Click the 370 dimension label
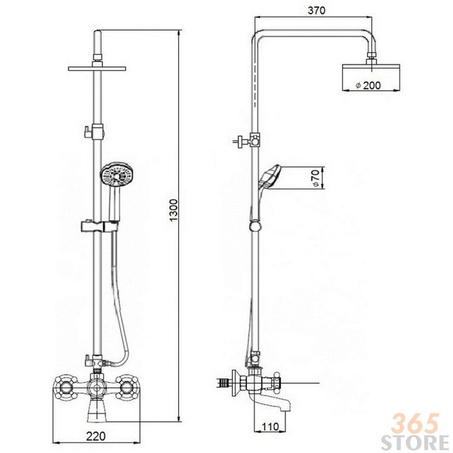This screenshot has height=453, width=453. pyautogui.click(x=317, y=10)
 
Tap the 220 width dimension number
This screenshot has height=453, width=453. pyautogui.click(x=96, y=436)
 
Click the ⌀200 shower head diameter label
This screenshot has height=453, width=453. pyautogui.click(x=368, y=85)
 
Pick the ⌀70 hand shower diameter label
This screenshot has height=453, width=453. pyautogui.click(x=316, y=178)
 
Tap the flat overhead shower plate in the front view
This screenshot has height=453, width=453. pyautogui.click(x=97, y=68)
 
